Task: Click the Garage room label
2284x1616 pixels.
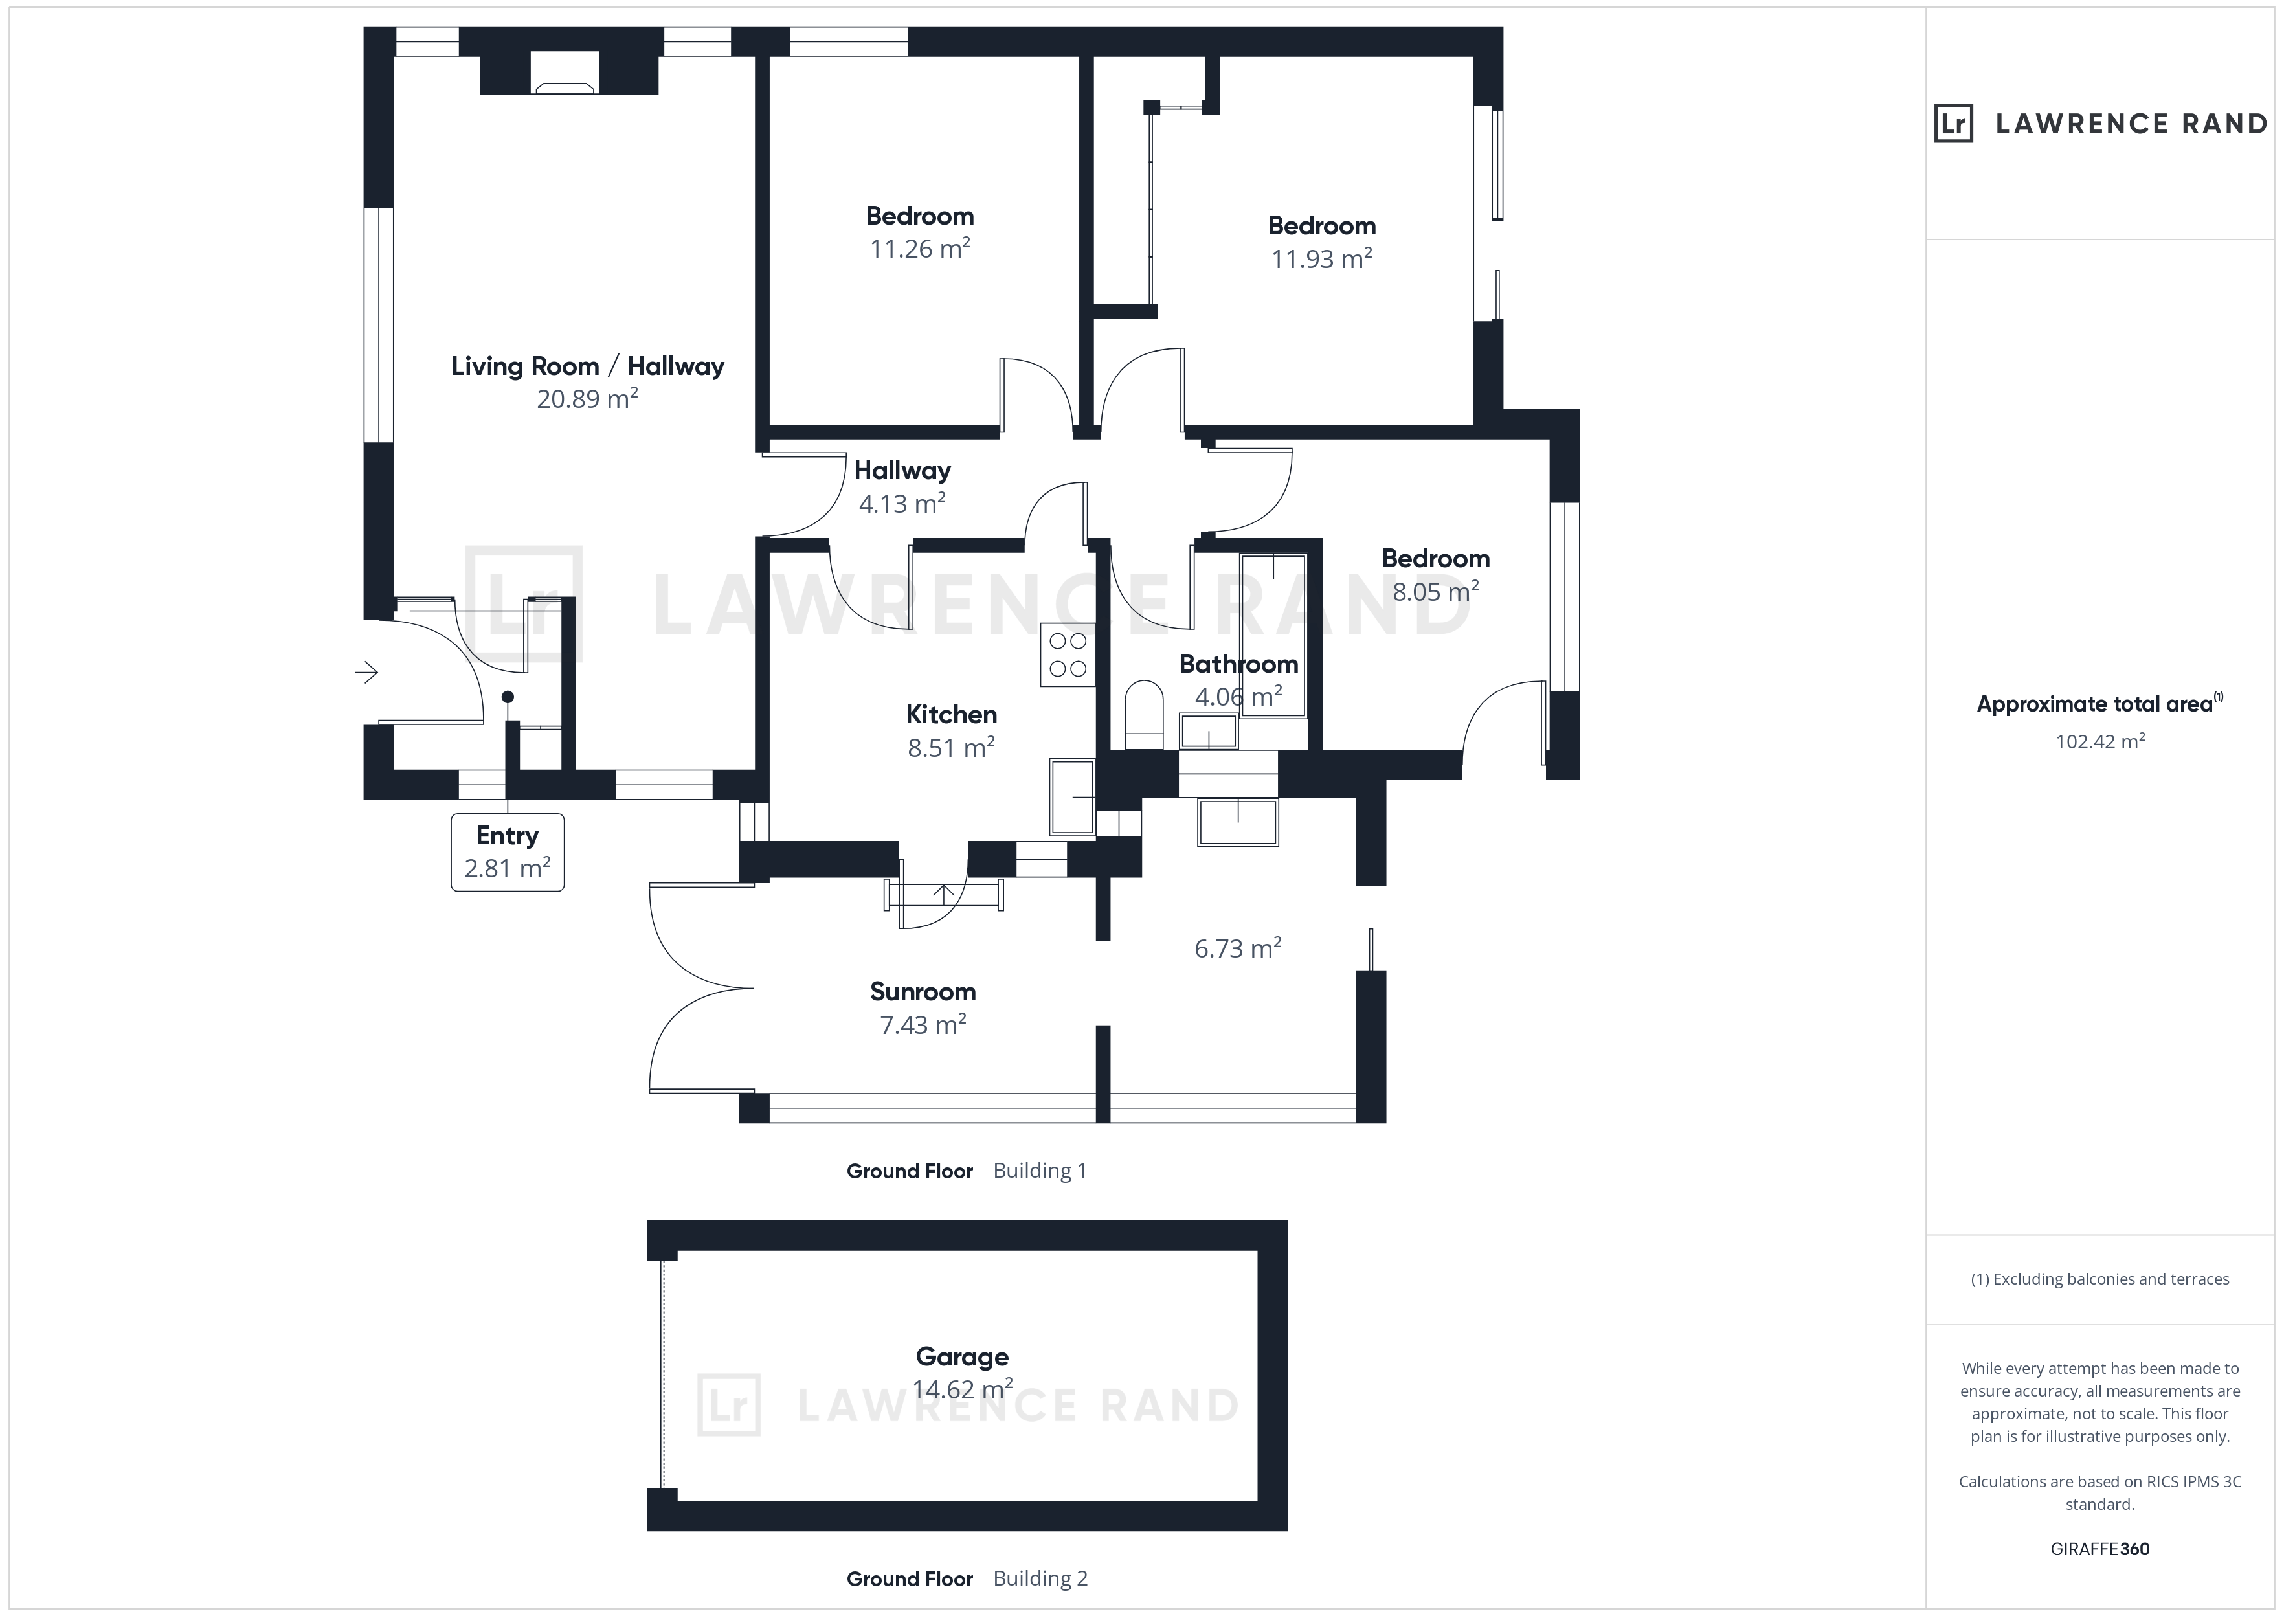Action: [x=962, y=1356]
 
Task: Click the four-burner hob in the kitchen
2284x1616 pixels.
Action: [x=1068, y=655]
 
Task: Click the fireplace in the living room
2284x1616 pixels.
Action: [x=565, y=74]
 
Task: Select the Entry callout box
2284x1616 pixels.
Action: [x=508, y=852]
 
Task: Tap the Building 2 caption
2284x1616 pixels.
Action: [x=1040, y=1578]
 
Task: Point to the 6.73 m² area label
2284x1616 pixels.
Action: [x=1238, y=948]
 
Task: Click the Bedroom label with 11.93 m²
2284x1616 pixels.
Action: [x=1321, y=226]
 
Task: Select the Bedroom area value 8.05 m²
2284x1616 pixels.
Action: [x=1435, y=592]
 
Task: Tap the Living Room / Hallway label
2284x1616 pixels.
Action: [x=588, y=366]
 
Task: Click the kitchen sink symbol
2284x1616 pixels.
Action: [x=1072, y=797]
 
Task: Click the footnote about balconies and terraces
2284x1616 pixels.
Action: [x=2100, y=1280]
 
